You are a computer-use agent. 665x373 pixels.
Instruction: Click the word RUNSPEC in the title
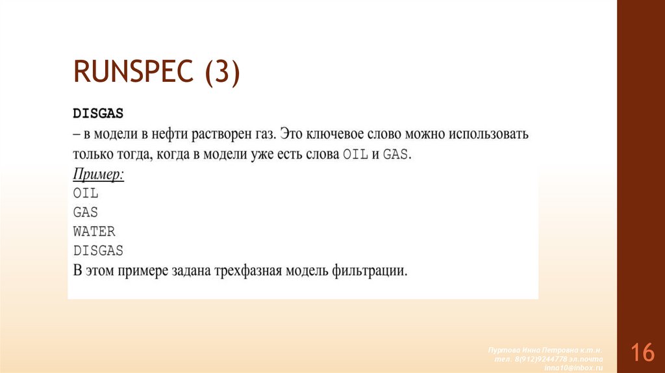(x=134, y=71)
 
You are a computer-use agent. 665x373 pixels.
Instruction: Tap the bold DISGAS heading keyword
(x=97, y=113)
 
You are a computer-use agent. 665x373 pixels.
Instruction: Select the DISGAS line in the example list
(x=98, y=250)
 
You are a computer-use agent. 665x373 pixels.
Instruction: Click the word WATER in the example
(x=94, y=231)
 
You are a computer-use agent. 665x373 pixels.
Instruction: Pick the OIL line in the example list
(x=85, y=193)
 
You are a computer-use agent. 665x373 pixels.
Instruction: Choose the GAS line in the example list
(x=85, y=212)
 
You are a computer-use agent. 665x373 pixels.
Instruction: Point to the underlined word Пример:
(x=98, y=174)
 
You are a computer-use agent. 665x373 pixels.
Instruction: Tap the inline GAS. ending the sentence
(x=397, y=155)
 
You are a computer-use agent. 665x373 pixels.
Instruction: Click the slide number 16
(x=642, y=354)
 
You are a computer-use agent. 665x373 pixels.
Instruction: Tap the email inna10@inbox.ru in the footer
(x=573, y=367)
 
